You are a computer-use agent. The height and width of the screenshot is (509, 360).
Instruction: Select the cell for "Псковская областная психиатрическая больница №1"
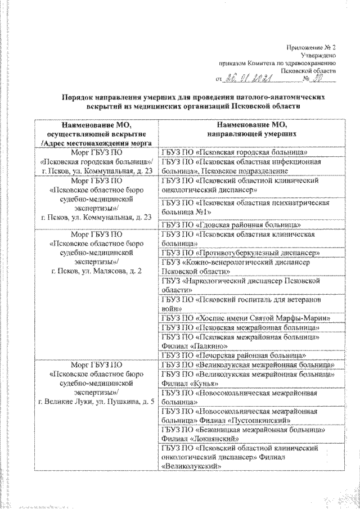245,207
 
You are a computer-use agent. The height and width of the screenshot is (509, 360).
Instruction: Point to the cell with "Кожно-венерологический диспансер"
242,266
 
